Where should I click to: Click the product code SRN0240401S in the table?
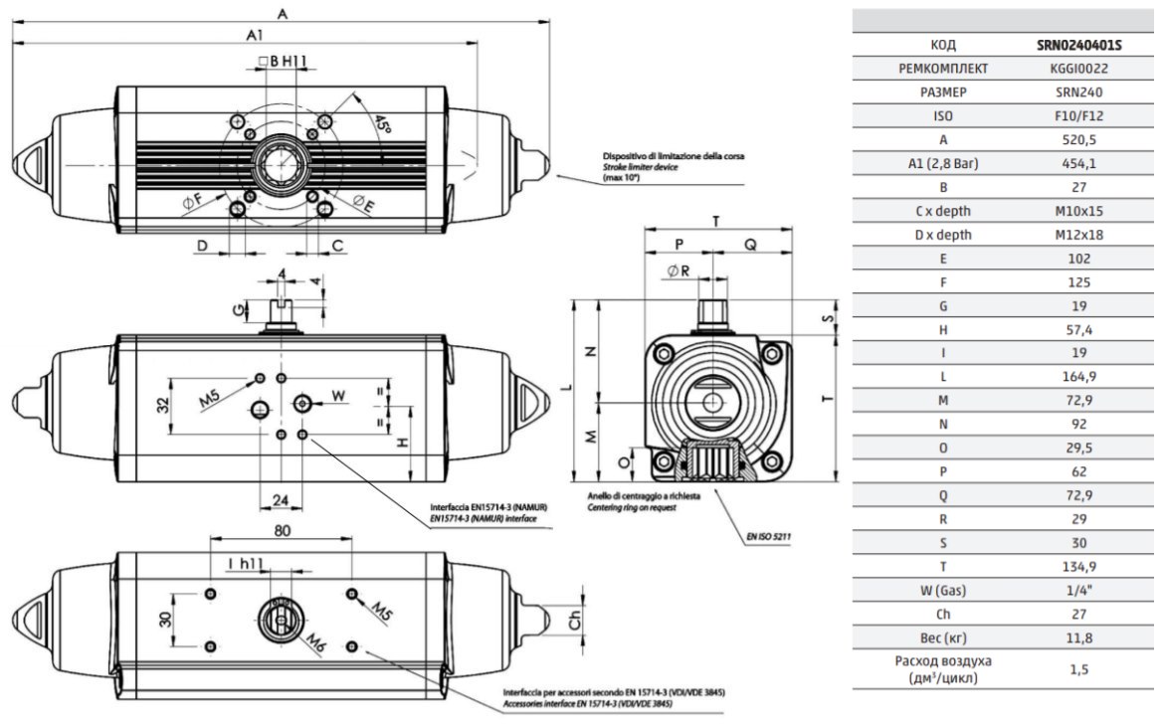pos(1078,45)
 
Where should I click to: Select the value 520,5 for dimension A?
pos(1078,139)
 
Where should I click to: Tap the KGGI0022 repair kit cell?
pos(1078,69)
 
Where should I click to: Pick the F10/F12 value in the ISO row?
pos(1078,115)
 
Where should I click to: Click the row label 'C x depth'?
pos(943,211)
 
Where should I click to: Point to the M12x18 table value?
pos(1078,235)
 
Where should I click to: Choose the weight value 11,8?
pos(1078,637)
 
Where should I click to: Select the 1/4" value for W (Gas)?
pos(1078,590)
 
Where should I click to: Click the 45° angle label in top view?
pos(382,124)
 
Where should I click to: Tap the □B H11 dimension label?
pos(282,61)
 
